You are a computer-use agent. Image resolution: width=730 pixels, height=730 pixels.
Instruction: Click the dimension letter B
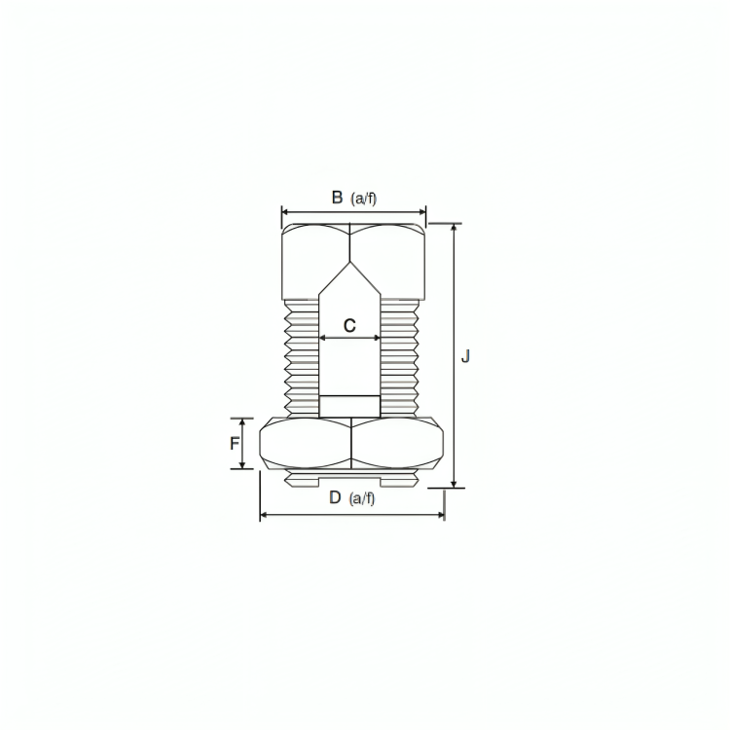pyautogui.click(x=337, y=198)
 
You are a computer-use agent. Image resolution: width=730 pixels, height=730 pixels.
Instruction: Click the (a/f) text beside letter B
pyautogui.click(x=364, y=199)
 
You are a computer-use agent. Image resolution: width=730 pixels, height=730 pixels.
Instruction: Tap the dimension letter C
pyautogui.click(x=349, y=325)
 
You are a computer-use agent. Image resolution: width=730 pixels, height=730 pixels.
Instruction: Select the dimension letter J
pyautogui.click(x=465, y=356)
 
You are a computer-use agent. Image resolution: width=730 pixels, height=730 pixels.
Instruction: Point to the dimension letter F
pyautogui.click(x=235, y=444)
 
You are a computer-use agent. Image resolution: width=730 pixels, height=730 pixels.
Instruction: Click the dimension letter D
pyautogui.click(x=335, y=497)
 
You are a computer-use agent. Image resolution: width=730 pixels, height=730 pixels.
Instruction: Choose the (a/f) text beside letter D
pyautogui.click(x=362, y=498)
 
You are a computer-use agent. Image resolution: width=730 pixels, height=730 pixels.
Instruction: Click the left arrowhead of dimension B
pyautogui.click(x=285, y=212)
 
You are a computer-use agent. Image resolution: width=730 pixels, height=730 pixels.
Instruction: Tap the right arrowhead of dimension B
pyautogui.click(x=421, y=212)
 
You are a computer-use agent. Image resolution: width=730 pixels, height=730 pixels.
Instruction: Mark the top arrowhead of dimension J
pyautogui.click(x=454, y=228)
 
